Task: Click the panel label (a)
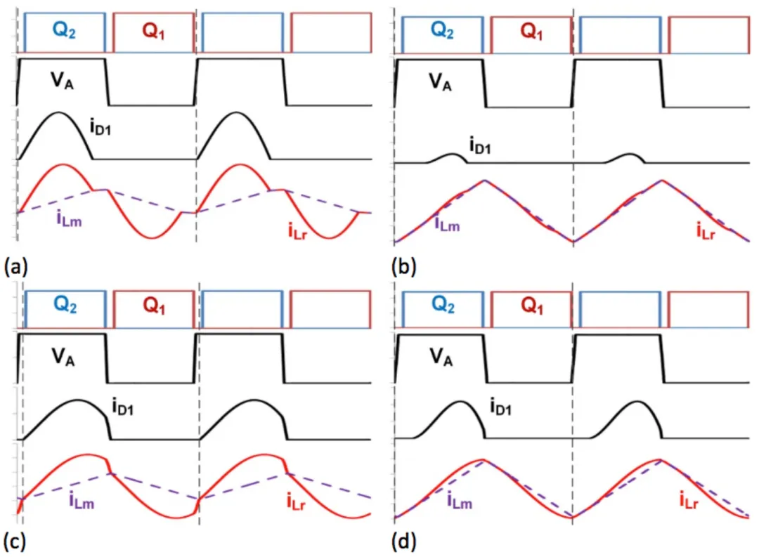(15, 266)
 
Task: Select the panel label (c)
(15, 542)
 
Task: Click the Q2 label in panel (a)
(65, 31)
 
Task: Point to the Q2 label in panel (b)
(443, 31)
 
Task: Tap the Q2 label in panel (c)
(65, 306)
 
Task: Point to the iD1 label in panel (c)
(122, 406)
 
